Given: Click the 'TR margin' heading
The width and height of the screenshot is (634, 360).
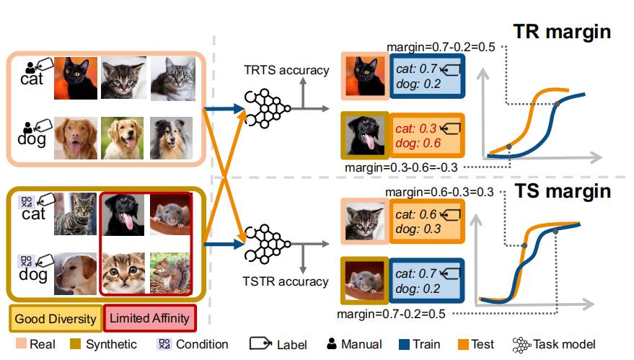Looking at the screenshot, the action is coord(562,32).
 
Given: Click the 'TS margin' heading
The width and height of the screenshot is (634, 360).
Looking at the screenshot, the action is coord(563,191).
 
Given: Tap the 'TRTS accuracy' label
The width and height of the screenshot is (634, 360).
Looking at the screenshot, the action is coord(286,70).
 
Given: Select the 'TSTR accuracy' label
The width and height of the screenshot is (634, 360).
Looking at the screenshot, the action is coord(286,281).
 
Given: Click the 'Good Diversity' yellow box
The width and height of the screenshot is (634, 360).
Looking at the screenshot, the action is coord(56,318).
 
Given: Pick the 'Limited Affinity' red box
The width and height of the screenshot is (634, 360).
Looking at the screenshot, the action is coord(149,318).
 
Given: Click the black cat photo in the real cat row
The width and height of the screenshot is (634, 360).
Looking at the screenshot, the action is coord(76,78).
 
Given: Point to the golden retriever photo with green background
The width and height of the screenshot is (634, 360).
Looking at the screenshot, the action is coord(122,138).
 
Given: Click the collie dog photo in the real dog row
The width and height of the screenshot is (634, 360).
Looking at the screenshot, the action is coord(171,139).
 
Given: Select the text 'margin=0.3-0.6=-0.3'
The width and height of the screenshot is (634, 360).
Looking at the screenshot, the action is coord(401,167).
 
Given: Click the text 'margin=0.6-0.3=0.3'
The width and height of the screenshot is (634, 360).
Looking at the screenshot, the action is coord(439,192).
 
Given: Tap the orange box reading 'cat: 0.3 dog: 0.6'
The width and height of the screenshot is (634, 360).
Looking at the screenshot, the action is coord(426,136).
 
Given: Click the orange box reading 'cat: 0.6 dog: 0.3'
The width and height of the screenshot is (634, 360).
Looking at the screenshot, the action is coord(427,221).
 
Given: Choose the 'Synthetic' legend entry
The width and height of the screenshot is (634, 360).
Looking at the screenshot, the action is coord(103,344).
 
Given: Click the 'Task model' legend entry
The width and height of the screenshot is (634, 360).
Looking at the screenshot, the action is coord(554,344).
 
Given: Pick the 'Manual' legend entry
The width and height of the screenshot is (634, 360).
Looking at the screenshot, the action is coord(354,344).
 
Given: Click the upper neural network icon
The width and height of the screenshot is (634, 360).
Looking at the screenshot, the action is coord(268,109).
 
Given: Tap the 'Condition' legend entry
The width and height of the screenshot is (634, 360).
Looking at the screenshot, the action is coord(193,344).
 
